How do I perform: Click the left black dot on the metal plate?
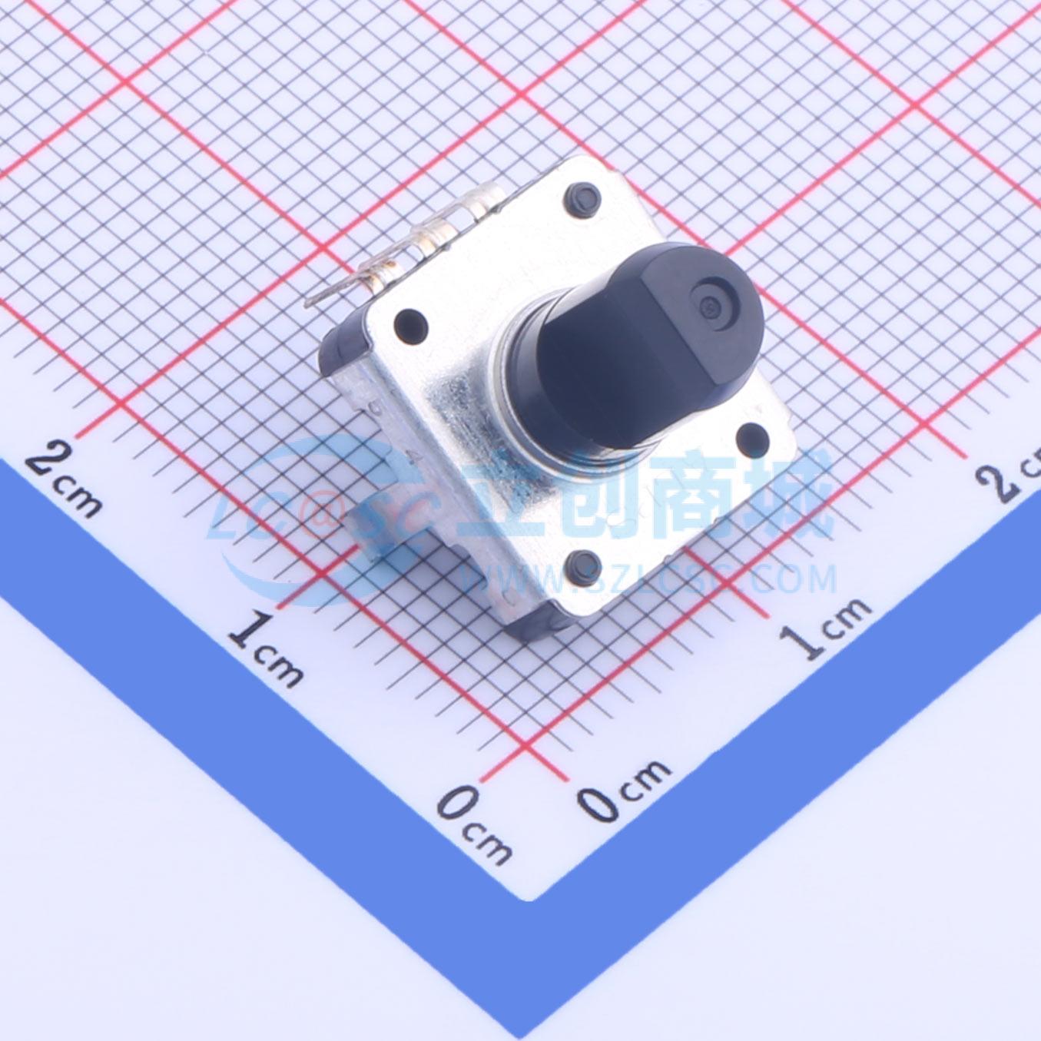pos(410,321)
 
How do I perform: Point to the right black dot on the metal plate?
pos(751,437)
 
